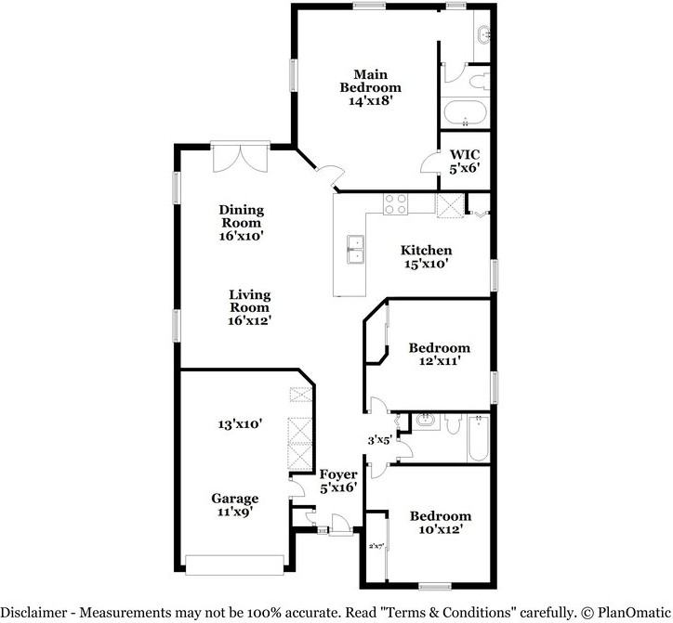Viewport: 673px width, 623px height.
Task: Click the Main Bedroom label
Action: tap(370, 87)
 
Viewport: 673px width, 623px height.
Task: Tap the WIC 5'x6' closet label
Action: tap(465, 162)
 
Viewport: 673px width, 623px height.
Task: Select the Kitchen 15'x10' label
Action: tap(427, 256)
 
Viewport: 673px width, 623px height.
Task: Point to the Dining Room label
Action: tap(241, 223)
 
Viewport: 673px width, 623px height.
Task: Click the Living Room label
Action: tap(249, 307)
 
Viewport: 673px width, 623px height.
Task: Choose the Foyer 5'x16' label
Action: tap(338, 481)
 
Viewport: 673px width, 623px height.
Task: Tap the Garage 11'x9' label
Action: tap(235, 505)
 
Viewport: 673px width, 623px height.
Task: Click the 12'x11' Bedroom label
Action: tap(439, 354)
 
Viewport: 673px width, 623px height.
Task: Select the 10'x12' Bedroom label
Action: tap(441, 522)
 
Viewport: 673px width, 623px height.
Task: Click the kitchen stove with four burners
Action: tap(395, 204)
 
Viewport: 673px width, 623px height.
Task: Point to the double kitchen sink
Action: tap(356, 249)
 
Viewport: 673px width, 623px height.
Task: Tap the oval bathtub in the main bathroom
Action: tap(466, 112)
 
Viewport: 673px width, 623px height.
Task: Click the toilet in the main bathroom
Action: tap(480, 82)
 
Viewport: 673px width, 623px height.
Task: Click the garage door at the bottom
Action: tap(234, 565)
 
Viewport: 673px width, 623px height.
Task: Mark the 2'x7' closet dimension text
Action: tap(376, 546)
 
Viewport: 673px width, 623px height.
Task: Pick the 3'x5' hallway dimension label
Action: tap(379, 440)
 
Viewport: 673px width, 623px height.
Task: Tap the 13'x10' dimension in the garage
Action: tap(240, 424)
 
